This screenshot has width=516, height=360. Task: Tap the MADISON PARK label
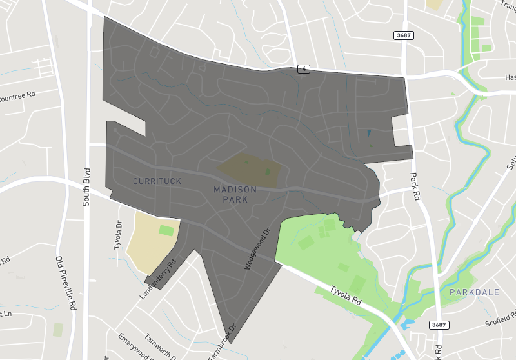[x=235, y=194]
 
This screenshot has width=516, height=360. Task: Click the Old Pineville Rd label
[x=65, y=283]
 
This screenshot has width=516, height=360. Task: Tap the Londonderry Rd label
[x=157, y=279]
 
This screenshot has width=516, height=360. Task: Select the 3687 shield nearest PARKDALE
[x=439, y=325]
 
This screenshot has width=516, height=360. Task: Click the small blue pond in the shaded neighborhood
[x=368, y=134]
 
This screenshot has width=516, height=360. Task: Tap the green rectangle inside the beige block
[x=166, y=230]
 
